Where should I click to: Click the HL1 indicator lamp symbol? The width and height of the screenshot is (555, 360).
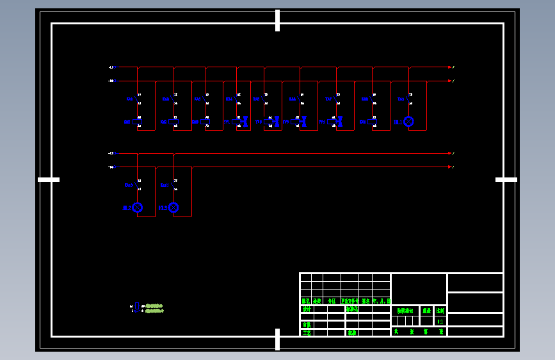click(408, 122)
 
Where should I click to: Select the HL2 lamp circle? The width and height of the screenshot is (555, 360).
click(137, 208)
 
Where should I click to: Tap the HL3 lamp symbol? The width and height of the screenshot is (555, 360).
click(173, 208)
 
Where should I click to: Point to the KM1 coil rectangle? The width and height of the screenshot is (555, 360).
click(137, 121)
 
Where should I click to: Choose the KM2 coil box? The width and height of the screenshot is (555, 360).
click(173, 121)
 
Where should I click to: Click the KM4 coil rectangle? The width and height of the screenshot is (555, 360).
click(373, 121)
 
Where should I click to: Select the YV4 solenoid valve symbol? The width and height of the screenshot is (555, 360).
click(335, 121)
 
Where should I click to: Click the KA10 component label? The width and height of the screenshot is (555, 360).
click(129, 185)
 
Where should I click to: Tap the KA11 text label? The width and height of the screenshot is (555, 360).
click(165, 185)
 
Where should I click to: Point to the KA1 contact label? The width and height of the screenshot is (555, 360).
click(130, 99)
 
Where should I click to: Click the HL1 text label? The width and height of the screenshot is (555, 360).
click(398, 122)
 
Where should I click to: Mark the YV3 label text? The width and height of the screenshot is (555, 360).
click(286, 122)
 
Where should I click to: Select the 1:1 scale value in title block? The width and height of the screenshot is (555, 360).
click(440, 321)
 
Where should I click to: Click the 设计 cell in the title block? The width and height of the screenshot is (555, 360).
click(307, 309)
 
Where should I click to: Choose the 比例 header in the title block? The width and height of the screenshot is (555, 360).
click(440, 311)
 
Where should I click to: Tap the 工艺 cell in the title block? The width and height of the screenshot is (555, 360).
click(307, 332)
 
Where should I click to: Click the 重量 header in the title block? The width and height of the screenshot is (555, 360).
click(426, 311)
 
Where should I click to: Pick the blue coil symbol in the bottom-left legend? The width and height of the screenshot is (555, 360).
click(136, 307)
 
